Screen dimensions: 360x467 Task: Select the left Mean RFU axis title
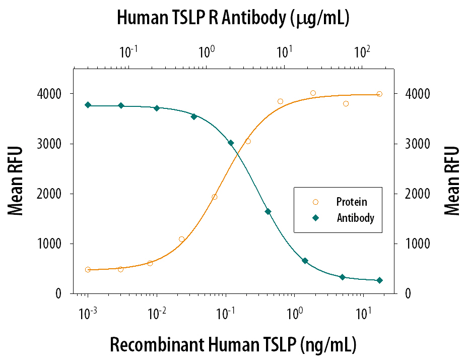(16, 181)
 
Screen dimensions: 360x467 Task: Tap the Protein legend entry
(351, 202)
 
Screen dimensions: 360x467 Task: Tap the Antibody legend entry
(355, 218)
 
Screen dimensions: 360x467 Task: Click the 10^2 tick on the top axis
(362, 51)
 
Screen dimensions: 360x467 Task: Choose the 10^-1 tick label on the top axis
(128, 51)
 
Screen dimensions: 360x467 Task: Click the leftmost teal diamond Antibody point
(88, 105)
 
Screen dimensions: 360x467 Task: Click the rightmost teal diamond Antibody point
(379, 280)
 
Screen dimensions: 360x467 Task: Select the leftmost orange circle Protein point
(88, 270)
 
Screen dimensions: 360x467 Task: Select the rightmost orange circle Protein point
(379, 94)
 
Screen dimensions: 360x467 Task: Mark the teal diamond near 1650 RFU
(268, 212)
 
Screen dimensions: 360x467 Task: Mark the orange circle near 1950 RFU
(215, 197)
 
